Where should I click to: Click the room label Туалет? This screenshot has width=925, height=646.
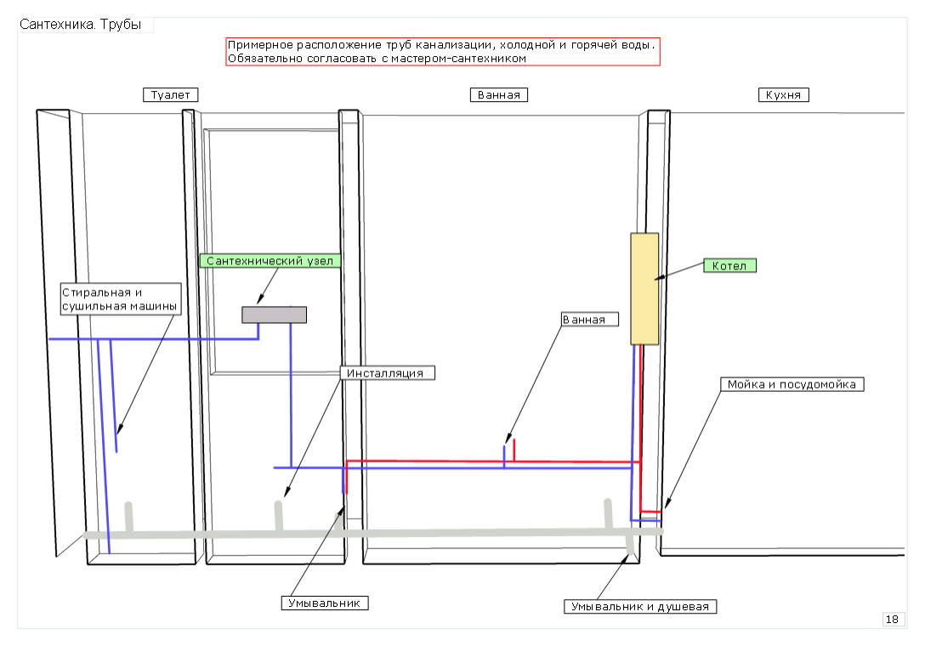[x=170, y=95]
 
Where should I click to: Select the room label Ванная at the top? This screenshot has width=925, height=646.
[x=499, y=95]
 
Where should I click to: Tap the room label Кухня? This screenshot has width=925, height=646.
[x=783, y=95]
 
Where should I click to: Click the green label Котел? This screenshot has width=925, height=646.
[x=729, y=265]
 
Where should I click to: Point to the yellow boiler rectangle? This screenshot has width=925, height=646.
[x=644, y=288]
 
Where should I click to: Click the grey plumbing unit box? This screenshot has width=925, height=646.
[x=274, y=314]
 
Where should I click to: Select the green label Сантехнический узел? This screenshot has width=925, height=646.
[x=270, y=261]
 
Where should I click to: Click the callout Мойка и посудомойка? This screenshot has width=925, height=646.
[x=793, y=384]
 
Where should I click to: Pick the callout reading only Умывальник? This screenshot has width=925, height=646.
[x=325, y=603]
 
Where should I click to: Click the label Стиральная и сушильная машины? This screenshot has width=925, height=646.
[x=120, y=298]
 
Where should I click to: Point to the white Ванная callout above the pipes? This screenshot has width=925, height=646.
[x=589, y=320]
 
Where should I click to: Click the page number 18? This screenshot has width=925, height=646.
[x=892, y=620]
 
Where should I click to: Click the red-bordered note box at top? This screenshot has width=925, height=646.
[x=442, y=52]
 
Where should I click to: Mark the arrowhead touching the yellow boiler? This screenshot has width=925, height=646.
[x=656, y=277]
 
